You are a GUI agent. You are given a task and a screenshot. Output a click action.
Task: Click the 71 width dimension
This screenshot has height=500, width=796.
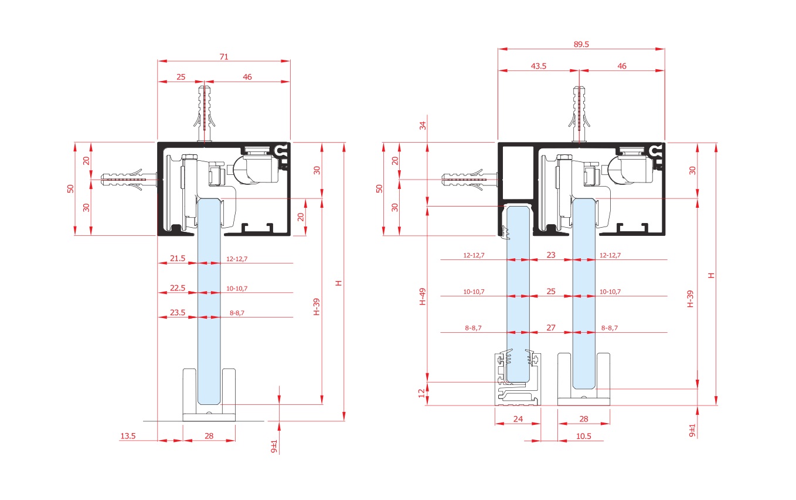(x=224, y=56)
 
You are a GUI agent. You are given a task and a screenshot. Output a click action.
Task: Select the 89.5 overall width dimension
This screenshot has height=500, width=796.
(x=581, y=44)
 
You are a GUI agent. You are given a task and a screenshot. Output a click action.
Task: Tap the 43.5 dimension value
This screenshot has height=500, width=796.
(x=538, y=66)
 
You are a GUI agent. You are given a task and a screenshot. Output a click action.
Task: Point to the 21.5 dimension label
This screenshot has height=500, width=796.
(x=178, y=258)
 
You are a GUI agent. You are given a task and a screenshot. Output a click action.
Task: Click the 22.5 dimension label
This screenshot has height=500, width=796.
(x=178, y=288)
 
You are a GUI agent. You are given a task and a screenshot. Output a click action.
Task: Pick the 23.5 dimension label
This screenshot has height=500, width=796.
(x=178, y=312)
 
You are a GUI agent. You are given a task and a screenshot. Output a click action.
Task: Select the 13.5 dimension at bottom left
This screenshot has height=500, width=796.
(x=128, y=435)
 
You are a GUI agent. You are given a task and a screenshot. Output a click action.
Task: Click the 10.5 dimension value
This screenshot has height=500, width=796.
(x=583, y=436)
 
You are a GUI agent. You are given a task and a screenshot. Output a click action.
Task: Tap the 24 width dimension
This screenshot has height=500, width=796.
(x=518, y=419)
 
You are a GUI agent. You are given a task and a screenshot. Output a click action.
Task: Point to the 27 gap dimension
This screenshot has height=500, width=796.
(x=551, y=327)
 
